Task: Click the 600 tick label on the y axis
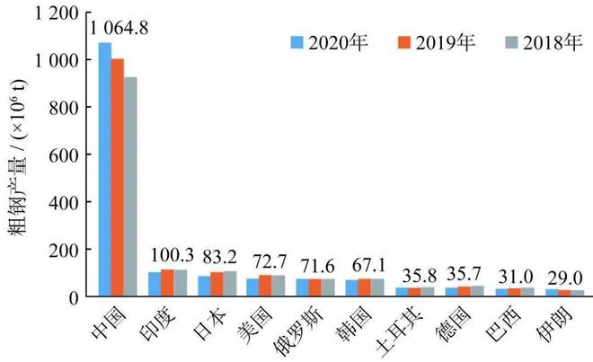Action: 72,155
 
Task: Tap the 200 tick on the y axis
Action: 72,249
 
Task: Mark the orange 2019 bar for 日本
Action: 217,284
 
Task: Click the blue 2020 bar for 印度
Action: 154,284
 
